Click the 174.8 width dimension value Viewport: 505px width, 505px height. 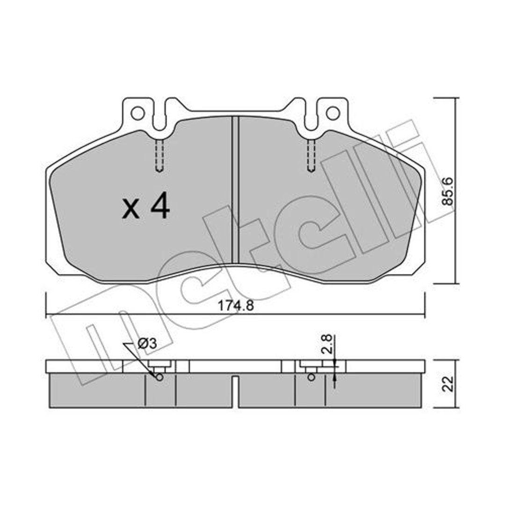[236, 305]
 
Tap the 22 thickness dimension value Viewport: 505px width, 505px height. [447, 383]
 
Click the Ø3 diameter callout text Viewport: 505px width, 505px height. [147, 343]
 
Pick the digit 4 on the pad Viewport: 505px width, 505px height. [160, 205]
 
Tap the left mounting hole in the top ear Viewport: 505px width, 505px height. [137, 113]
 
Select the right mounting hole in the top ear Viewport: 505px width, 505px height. [333, 113]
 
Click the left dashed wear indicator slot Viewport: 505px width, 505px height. [159, 155]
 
